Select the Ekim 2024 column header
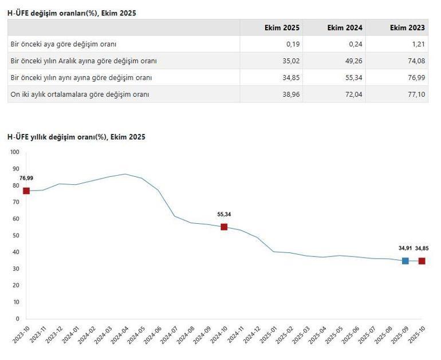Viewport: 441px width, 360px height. (345, 27)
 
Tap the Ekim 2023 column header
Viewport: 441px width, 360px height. (407, 27)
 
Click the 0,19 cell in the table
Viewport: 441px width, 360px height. (293, 44)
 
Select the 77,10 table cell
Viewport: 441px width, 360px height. (416, 94)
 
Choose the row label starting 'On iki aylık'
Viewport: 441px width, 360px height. (80, 94)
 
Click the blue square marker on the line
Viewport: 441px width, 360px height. (405, 260)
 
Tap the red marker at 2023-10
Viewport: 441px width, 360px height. (26, 191)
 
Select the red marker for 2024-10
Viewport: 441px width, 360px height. (224, 227)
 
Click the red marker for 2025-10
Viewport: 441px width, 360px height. (422, 261)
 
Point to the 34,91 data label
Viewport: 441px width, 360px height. (405, 248)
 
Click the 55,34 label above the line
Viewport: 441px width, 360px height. (224, 215)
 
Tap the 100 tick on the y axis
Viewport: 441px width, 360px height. (14, 152)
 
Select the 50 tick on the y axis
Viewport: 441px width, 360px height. (16, 235)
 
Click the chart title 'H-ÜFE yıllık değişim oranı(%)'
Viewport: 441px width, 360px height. (76, 137)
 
